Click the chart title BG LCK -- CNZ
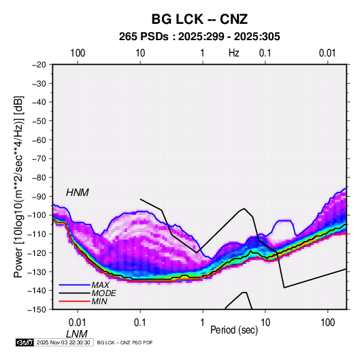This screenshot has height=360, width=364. pyautogui.click(x=199, y=19)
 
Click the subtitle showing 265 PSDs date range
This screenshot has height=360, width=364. pyautogui.click(x=199, y=37)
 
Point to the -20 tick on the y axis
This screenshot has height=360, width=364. pyautogui.click(x=39, y=65)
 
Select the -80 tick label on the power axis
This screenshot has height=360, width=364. pyautogui.click(x=39, y=178)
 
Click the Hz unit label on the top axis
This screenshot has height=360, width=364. pyautogui.click(x=234, y=53)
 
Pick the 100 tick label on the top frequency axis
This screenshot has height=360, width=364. pyautogui.click(x=78, y=53)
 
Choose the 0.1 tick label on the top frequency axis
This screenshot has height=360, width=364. pyautogui.click(x=265, y=53)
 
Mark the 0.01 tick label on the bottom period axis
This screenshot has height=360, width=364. pyautogui.click(x=78, y=323)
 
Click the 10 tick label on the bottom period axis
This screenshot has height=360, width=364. pyautogui.click(x=265, y=323)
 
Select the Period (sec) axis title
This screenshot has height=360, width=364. pyautogui.click(x=234, y=330)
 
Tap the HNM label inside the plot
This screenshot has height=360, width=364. pyautogui.click(x=78, y=193)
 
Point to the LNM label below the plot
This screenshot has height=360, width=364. pyautogui.click(x=77, y=334)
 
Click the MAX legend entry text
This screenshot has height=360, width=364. pyautogui.click(x=100, y=285)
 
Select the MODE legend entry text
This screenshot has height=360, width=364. pyautogui.click(x=104, y=293)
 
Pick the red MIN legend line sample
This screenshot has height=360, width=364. pyautogui.click(x=75, y=301)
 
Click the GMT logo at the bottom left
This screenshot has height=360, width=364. pyautogui.click(x=25, y=342)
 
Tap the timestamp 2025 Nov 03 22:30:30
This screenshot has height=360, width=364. pyautogui.click(x=63, y=342)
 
